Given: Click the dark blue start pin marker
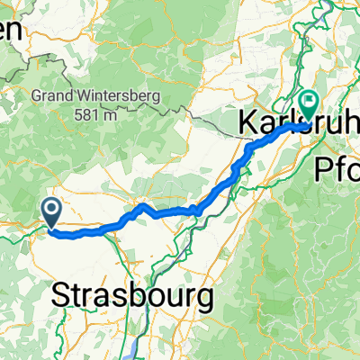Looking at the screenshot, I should [51, 212].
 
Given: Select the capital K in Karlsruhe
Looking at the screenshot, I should [249, 123].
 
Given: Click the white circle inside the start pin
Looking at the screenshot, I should [51, 210].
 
